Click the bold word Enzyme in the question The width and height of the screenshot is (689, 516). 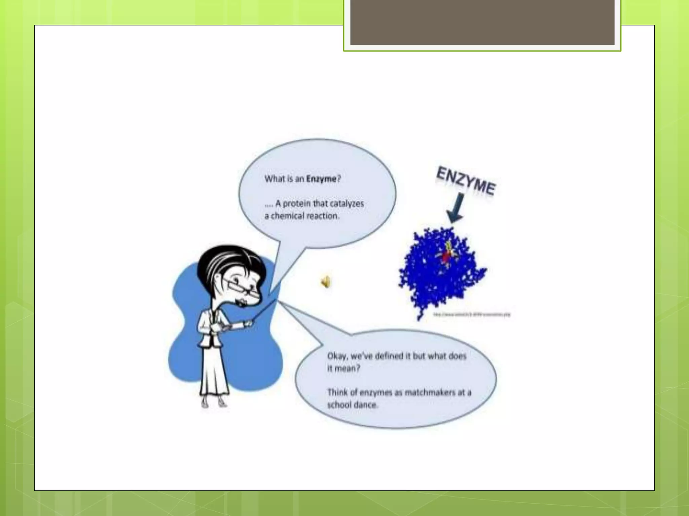click(321, 179)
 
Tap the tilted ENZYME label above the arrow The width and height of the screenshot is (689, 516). click(466, 181)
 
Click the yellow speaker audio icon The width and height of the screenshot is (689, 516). click(325, 282)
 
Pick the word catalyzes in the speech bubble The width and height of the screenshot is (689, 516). click(347, 204)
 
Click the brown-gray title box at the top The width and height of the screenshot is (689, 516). click(482, 23)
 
